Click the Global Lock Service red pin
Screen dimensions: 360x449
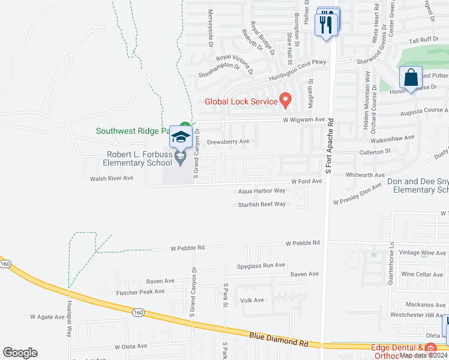pos(286,100)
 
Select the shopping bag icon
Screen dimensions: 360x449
pos(411,78)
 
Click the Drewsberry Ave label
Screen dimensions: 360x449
pos(228,142)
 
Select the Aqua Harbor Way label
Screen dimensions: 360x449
pos(261,191)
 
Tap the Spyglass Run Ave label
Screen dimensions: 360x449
pos(261,265)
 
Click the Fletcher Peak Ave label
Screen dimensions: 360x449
pos(140,292)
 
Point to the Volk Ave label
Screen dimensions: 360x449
pos(252,300)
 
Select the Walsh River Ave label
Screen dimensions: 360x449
pos(112,178)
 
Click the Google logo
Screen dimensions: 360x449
pos(20,353)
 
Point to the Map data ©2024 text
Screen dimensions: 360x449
pos(423,355)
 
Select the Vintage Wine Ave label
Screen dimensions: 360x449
pos(422,253)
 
